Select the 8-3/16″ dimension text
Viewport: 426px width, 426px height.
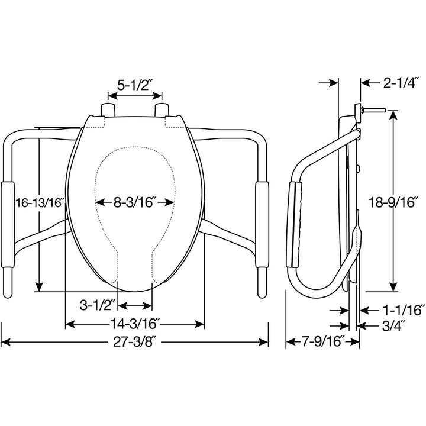tap(135, 202)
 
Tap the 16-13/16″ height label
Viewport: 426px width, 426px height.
tap(38, 202)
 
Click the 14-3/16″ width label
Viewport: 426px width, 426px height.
tap(135, 324)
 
